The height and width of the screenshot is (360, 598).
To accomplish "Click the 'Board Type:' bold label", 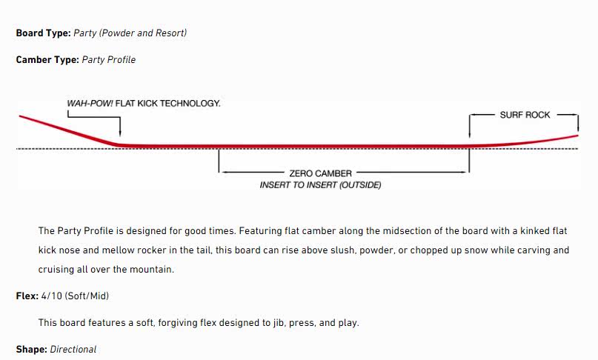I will tap(43, 33).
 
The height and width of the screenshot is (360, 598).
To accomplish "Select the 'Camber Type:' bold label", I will tap(47, 59).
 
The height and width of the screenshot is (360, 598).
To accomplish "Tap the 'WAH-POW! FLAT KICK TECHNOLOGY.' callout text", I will tap(144, 104).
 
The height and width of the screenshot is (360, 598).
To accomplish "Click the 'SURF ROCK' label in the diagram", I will tap(525, 115).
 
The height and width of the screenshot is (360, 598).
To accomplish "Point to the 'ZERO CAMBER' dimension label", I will tap(320, 173).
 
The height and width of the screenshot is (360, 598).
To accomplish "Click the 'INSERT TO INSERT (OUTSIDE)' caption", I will tap(320, 185).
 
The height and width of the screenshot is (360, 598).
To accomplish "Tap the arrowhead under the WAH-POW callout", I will tap(119, 138).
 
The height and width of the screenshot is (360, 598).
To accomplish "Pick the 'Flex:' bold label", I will tap(27, 296).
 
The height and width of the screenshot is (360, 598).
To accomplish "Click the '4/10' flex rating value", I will tap(51, 296).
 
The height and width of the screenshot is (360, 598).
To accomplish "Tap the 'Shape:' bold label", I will tap(31, 349).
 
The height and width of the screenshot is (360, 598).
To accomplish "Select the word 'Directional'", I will tap(73, 349).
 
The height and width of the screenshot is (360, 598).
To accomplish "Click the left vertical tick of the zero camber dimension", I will tap(219, 161).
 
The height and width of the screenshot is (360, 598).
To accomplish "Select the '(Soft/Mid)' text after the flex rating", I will tap(87, 296).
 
